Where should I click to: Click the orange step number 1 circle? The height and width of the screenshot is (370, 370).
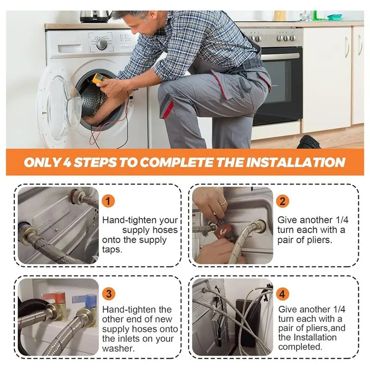(x=108, y=201)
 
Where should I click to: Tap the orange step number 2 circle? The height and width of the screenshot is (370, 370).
(x=283, y=201)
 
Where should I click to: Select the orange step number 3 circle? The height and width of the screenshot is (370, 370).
(x=109, y=294)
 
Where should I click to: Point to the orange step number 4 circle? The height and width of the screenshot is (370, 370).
(x=283, y=294)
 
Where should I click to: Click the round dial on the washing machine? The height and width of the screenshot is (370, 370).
(x=102, y=43)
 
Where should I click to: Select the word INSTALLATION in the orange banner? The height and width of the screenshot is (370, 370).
(x=296, y=162)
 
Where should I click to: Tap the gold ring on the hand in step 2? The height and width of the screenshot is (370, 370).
(x=223, y=203)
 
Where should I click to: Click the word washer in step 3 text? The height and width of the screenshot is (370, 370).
(x=118, y=349)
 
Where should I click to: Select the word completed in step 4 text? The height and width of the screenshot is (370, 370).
(x=300, y=347)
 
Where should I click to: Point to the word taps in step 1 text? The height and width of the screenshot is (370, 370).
(x=112, y=250)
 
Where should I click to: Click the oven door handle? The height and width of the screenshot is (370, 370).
(x=280, y=56)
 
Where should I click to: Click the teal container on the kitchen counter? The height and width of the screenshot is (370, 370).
(x=334, y=17)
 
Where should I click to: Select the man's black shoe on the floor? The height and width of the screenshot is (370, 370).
(x=309, y=142)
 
